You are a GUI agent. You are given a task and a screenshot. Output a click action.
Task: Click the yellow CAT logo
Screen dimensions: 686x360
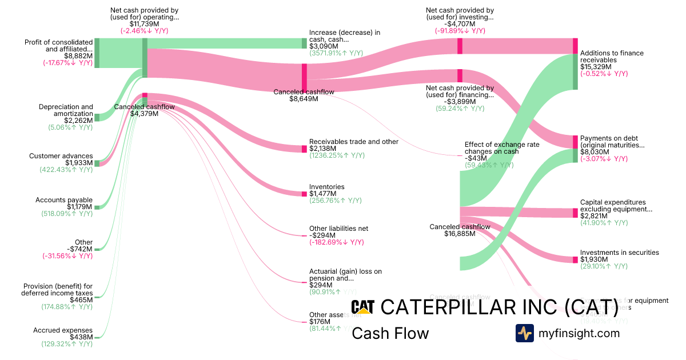(x=362, y=307)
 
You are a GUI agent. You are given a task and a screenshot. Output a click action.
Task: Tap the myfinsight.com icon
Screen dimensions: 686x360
(x=524, y=333)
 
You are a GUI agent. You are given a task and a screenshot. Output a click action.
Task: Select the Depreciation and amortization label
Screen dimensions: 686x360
(x=66, y=110)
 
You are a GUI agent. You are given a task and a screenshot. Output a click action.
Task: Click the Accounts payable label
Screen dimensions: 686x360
(x=64, y=200)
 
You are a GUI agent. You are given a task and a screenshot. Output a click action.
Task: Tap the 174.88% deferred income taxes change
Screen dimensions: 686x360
(x=66, y=307)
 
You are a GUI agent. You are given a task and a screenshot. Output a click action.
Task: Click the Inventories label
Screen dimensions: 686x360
(x=326, y=187)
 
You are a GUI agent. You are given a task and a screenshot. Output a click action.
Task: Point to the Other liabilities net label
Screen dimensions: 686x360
(x=338, y=229)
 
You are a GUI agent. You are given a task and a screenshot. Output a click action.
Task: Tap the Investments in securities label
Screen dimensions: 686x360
(x=619, y=253)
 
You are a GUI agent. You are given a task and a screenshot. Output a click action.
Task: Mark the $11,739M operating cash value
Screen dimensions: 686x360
(x=145, y=24)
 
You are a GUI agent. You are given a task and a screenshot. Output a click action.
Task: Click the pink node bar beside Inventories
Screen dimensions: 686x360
(x=305, y=194)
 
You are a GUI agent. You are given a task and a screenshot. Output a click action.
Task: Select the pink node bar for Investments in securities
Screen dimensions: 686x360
(x=576, y=259)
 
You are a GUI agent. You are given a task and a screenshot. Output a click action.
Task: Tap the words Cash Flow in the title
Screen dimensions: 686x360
(x=390, y=333)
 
